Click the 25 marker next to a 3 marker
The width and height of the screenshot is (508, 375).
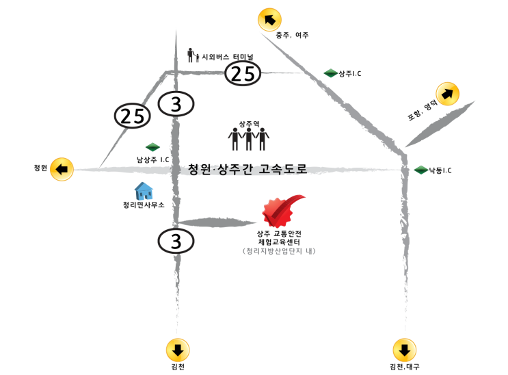(x=132, y=116)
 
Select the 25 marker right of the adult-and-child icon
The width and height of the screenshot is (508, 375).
(x=243, y=73)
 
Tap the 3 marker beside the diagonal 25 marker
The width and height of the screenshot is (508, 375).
(x=176, y=104)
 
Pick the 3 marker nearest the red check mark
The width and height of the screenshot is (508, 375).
(x=176, y=241)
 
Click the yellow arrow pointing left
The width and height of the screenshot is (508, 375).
(x=62, y=168)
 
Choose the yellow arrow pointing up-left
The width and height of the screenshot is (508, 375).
(x=269, y=20)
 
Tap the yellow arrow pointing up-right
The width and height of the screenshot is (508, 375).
(x=448, y=94)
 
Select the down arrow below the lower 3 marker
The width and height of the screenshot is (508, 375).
(x=178, y=350)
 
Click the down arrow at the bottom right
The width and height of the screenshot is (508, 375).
(x=404, y=350)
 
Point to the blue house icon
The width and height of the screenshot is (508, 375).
(x=144, y=191)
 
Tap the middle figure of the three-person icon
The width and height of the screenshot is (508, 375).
(x=249, y=138)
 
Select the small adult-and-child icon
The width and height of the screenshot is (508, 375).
(x=193, y=55)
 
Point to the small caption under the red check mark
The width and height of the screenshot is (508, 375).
(x=279, y=251)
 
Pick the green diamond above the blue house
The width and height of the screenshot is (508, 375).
(x=152, y=146)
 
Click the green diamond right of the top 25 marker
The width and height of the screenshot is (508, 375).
(x=331, y=73)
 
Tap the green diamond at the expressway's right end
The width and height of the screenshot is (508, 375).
(x=421, y=170)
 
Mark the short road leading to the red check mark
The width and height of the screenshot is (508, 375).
(x=219, y=222)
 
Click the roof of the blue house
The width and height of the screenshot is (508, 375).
(x=144, y=185)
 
